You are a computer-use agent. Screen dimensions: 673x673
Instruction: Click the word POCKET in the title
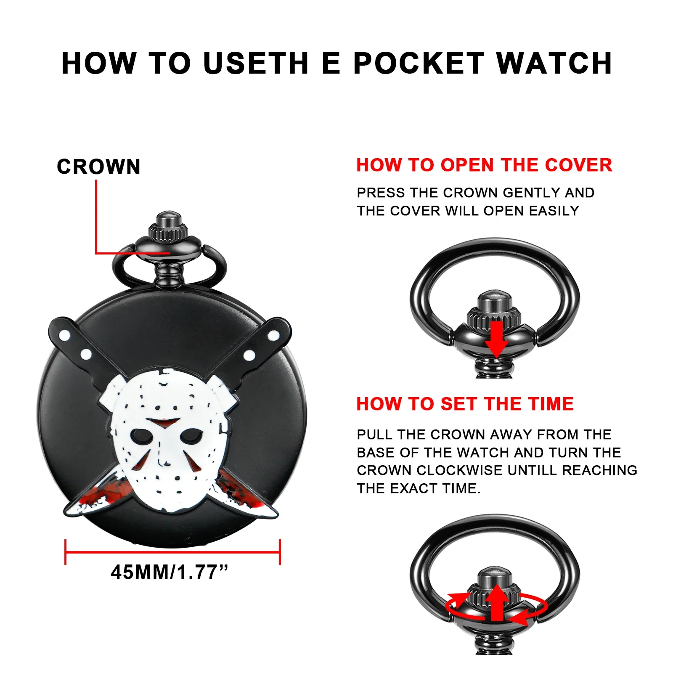(x=419, y=64)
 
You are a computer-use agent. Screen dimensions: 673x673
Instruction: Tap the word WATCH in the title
(x=554, y=64)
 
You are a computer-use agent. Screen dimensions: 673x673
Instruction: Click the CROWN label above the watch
(x=98, y=167)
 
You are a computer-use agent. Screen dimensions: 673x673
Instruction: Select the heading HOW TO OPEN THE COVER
(x=484, y=165)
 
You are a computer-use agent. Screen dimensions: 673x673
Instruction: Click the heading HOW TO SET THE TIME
(x=465, y=404)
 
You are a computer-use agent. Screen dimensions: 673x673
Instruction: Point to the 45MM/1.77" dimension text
(x=170, y=572)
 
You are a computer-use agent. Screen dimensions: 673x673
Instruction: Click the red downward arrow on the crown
(x=496, y=339)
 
